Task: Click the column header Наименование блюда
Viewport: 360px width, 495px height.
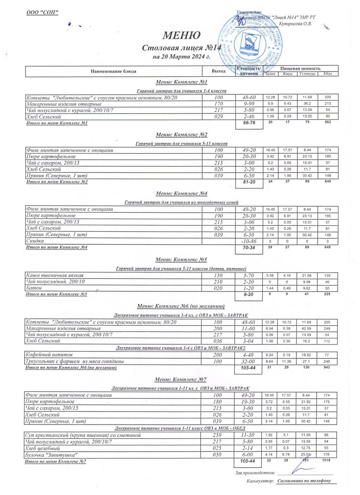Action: pos(114,71)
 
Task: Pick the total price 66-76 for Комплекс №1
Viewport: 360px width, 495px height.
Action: pos(249,123)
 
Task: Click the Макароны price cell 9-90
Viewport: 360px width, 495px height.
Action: pos(249,104)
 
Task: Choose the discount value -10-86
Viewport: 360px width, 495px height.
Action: pos(249,241)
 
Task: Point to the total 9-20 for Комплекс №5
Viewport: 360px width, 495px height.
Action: pos(249,295)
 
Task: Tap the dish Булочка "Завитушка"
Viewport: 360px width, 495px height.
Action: pos(52,455)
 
